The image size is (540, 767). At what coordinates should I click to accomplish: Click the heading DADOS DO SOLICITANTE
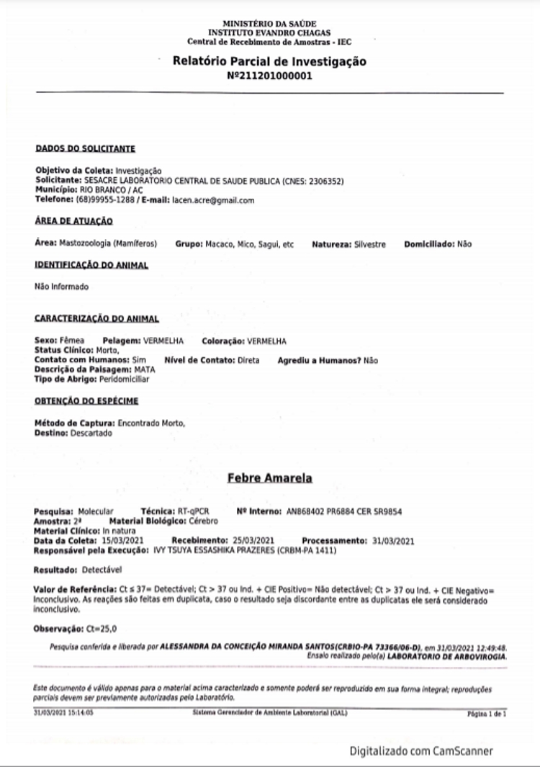[85, 148]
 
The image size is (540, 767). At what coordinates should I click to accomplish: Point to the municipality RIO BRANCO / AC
[99, 190]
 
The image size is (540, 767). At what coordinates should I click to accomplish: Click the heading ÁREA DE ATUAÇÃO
[73, 221]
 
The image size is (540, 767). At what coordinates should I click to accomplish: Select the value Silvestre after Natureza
[369, 244]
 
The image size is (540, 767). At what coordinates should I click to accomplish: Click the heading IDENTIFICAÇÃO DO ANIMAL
[91, 266]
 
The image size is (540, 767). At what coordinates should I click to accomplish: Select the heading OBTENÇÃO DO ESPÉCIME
[86, 401]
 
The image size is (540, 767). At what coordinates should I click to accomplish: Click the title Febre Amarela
[269, 478]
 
